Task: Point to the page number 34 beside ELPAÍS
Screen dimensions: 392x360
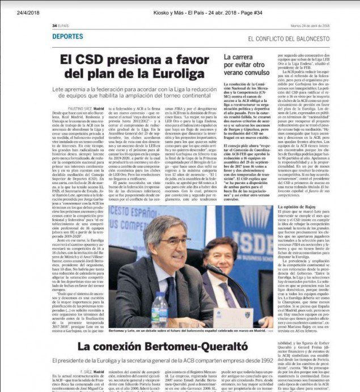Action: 54,25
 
